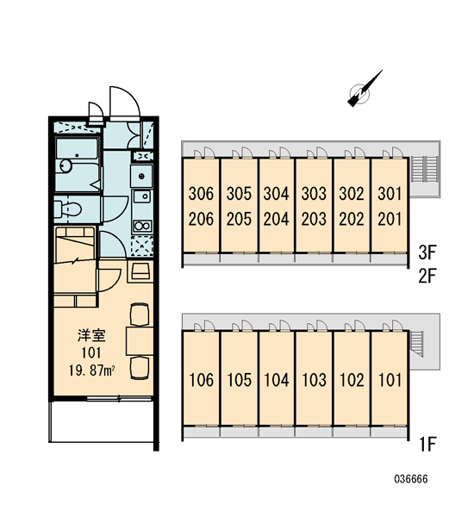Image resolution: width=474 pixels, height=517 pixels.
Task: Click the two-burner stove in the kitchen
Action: click(142, 226)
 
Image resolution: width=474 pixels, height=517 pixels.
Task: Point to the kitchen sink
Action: click(142, 196)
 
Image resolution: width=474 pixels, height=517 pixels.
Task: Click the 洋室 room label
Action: click(91, 335)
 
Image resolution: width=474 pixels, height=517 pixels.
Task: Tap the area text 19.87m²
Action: click(91, 371)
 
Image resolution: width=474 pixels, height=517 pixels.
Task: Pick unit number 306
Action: click(201, 193)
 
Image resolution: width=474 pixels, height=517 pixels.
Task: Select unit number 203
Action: click(314, 219)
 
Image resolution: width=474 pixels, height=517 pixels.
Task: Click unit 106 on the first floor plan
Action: click(201, 379)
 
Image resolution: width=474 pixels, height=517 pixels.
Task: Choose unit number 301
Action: click(390, 193)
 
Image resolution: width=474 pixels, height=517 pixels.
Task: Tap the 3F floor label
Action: click(427, 252)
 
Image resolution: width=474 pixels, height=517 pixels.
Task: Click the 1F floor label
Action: click(428, 444)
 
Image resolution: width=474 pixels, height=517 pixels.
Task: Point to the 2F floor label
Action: click(427, 276)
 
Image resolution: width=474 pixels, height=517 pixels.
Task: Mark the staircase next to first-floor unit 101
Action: click(417, 343)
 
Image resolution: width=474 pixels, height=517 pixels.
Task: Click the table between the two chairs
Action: click(140, 340)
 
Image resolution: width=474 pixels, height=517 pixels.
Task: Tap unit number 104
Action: click(277, 379)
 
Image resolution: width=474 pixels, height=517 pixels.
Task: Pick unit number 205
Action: click(239, 219)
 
